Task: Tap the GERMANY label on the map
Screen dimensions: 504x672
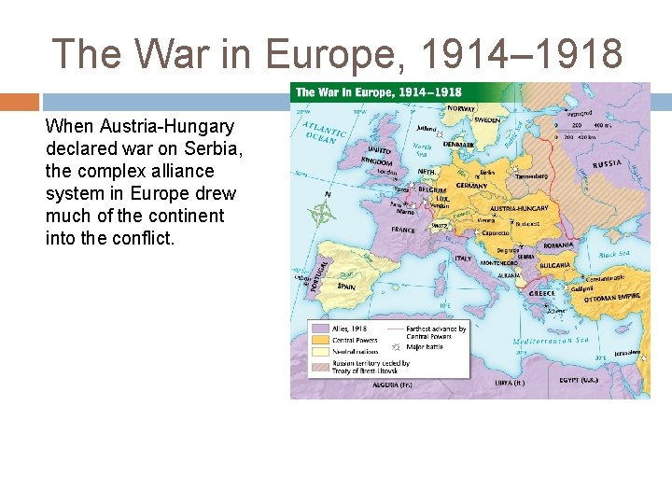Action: (472, 186)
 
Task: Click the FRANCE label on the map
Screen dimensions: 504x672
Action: (403, 229)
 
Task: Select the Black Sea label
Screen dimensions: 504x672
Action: (614, 253)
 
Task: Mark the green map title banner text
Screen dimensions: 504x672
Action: (378, 91)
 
